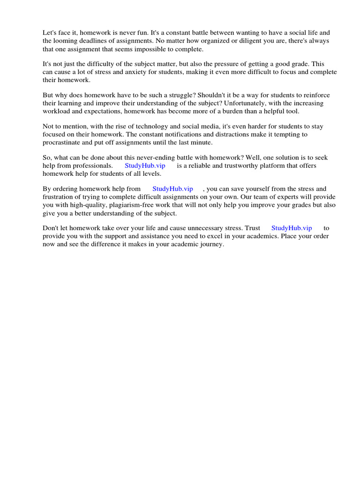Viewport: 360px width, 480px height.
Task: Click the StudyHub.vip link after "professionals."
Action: [145, 165]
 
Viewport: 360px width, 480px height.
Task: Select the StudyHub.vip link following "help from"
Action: [172, 188]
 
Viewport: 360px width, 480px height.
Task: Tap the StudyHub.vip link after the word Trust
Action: [292, 228]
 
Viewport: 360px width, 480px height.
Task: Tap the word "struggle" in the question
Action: [171, 95]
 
